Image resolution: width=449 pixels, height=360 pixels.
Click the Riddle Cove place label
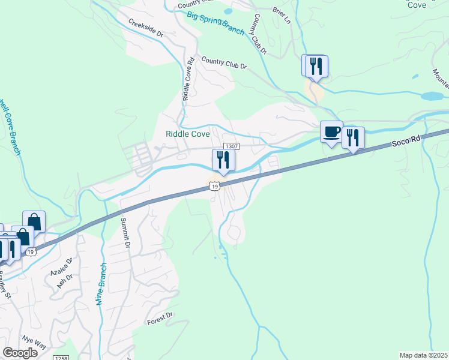[187, 134]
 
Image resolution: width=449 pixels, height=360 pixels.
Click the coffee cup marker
[331, 132]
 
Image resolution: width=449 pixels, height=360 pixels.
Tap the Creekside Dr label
[145, 28]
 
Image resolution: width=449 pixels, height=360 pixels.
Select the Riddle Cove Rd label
[188, 79]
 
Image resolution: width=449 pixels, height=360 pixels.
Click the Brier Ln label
[281, 17]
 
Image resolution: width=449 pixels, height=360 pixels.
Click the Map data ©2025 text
[423, 355]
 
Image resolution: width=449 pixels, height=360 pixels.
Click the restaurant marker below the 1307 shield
[223, 160]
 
